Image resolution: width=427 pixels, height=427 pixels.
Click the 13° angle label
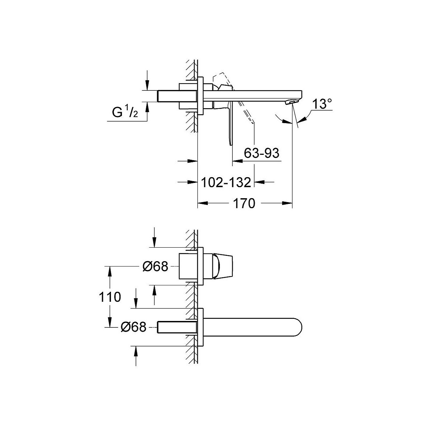322,104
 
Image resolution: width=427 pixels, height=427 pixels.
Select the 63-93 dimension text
262,153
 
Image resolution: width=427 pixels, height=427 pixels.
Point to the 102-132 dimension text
226,183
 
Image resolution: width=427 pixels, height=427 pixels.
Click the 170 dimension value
244,203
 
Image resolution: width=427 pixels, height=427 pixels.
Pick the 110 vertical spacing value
110,297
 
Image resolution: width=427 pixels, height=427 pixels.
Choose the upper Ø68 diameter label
155,266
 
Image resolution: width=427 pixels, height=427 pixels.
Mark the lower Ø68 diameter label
134,327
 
